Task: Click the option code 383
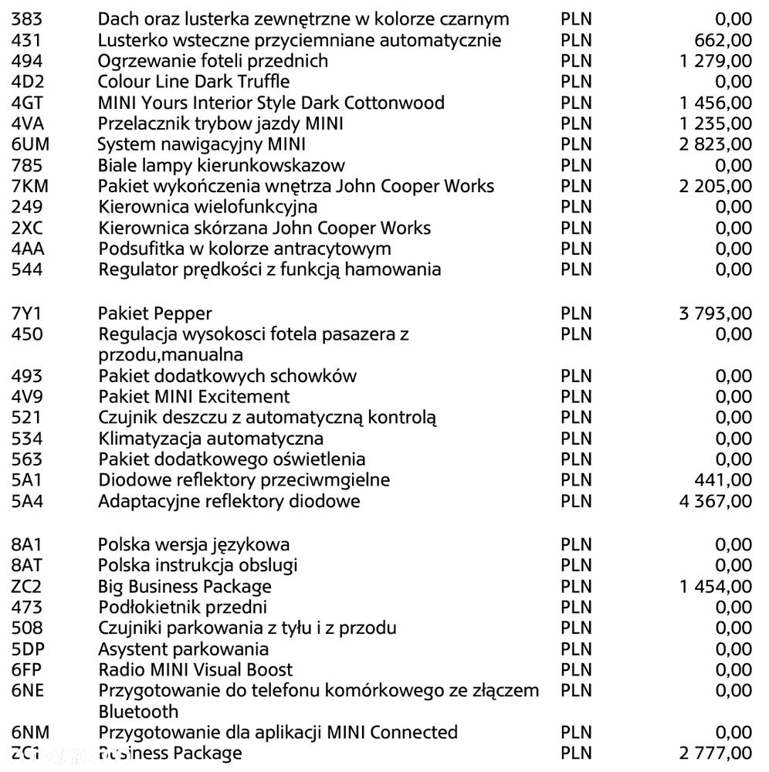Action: [27, 19]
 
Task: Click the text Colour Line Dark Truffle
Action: [194, 82]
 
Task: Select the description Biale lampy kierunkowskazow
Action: [222, 165]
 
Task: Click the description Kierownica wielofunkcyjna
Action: [208, 207]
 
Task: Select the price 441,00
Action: [723, 480]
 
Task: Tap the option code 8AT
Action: [28, 565]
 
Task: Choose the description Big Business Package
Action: [185, 586]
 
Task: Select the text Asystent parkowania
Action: [184, 648]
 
